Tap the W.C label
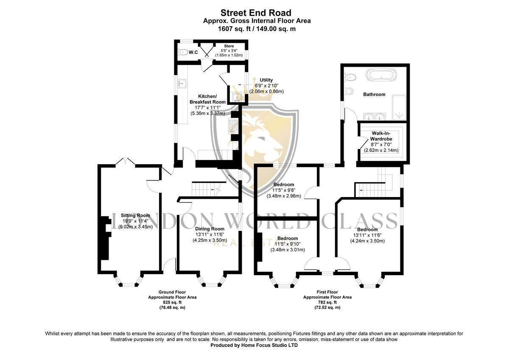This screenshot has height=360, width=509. tap(193, 52)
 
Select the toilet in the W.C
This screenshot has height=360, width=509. tap(183, 52)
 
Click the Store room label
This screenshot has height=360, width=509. tap(229, 46)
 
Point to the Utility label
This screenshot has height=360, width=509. tap(266, 80)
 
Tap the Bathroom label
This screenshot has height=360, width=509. tap(374, 94)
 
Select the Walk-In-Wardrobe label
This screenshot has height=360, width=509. tap(381, 135)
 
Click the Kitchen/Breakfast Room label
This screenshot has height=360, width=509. tap(207, 99)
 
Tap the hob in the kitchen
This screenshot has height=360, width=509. tap(234, 125)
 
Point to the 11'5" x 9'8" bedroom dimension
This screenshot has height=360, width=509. tap(283, 190)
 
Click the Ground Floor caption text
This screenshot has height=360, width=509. tap(172, 292)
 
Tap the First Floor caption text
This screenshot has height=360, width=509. tap(327, 292)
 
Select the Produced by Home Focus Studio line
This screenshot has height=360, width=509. tap(254, 345)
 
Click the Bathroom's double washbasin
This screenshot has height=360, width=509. tap(375, 117)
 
